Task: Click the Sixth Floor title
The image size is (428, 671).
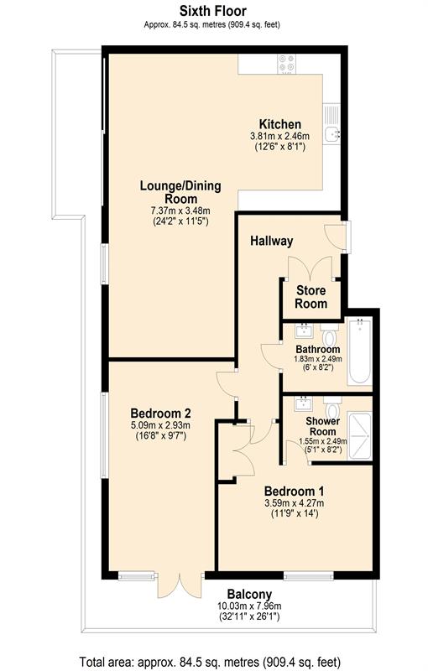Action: (212, 10)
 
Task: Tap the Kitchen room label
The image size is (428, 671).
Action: (280, 124)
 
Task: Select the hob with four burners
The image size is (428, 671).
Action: (286, 64)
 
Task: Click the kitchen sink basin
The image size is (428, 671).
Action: (331, 135)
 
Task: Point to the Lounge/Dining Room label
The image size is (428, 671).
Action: (180, 192)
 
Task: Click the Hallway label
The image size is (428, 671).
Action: (272, 241)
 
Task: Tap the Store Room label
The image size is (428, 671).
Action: (311, 297)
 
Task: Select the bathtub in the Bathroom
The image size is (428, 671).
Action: (360, 352)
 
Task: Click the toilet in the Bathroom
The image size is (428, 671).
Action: (330, 335)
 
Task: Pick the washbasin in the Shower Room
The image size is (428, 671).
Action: (304, 404)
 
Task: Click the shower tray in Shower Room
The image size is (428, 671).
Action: (359, 435)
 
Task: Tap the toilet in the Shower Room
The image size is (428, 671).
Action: (332, 408)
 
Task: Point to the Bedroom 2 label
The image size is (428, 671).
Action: (160, 414)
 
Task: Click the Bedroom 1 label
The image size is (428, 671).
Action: (294, 491)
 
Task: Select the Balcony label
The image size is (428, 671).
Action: (249, 595)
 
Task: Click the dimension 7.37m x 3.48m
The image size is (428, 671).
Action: (180, 211)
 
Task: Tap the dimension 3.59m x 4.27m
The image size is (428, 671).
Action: (294, 503)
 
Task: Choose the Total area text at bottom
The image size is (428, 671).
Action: (210, 661)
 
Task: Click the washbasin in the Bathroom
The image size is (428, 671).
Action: (304, 330)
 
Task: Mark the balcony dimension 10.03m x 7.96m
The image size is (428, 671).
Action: (249, 606)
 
